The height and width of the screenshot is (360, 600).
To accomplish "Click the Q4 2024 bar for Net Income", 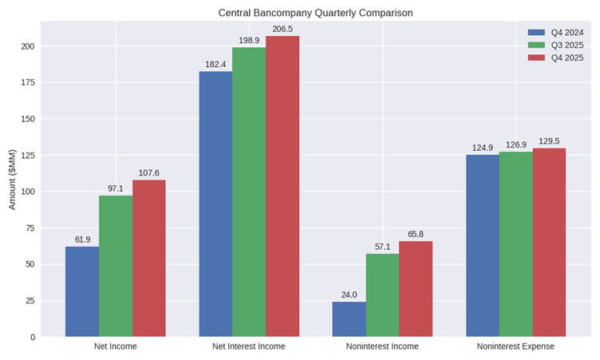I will (82, 291).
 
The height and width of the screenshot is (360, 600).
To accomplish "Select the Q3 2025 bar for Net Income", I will (116, 266).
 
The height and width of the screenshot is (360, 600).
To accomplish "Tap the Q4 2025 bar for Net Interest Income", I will (282, 186).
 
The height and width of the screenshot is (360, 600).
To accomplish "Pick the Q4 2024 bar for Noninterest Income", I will (349, 319).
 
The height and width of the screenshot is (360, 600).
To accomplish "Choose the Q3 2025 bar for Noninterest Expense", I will (515, 244).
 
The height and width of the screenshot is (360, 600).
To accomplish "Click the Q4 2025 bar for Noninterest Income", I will (416, 289).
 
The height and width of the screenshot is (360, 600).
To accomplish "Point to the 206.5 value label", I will (282, 29).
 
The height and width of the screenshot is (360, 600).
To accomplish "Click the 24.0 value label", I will (349, 295).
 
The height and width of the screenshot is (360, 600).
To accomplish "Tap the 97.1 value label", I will (116, 188).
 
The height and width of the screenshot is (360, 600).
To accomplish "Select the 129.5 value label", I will (549, 141).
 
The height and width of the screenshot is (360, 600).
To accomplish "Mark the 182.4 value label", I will (215, 64).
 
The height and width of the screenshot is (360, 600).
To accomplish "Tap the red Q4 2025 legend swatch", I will (536, 57).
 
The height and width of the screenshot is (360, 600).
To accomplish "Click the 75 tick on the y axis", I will (30, 228).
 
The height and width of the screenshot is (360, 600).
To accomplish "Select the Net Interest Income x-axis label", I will (249, 346).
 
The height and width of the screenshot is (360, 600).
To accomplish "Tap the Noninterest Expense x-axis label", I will (515, 346).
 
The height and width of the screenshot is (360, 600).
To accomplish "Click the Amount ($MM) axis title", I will (12, 179).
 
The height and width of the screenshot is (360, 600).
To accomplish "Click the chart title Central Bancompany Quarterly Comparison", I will (316, 13).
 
